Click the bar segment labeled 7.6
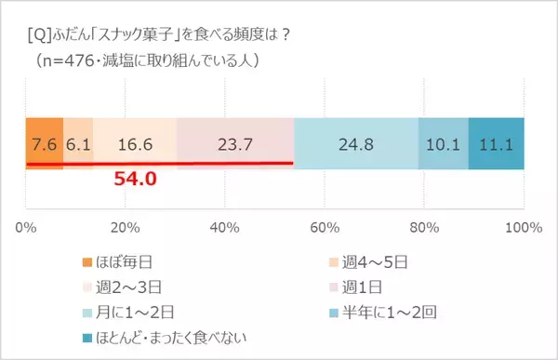click(44, 144)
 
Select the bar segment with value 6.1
click(78, 144)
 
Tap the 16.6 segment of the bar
click(135, 144)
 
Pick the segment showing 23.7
click(235, 144)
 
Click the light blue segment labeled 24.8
click(356, 144)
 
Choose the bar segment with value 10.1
click(444, 144)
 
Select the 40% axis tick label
click(224, 226)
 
